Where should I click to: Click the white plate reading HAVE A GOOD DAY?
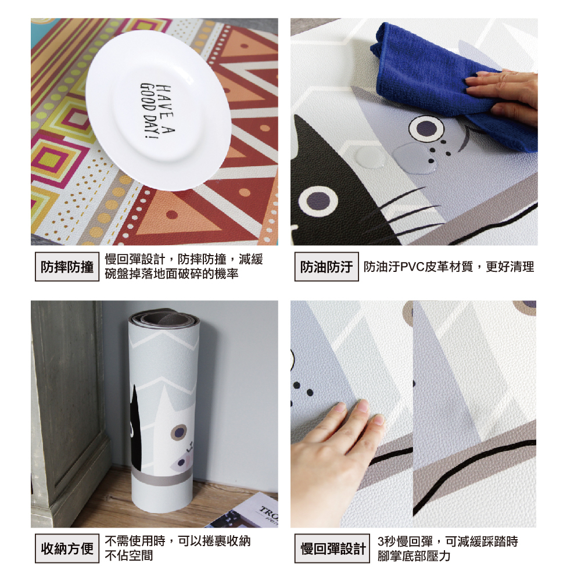tap(159, 110)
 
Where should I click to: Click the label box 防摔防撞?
tap(67, 267)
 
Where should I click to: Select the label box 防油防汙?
tap(327, 267)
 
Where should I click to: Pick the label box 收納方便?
tap(67, 548)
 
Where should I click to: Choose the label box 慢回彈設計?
tap(332, 548)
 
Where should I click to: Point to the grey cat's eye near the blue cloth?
tap(426, 128)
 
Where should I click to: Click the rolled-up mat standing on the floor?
tap(163, 411)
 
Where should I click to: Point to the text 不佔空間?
tap(128, 556)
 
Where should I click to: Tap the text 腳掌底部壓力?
tap(414, 556)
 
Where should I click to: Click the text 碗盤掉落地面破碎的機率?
tap(171, 274)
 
